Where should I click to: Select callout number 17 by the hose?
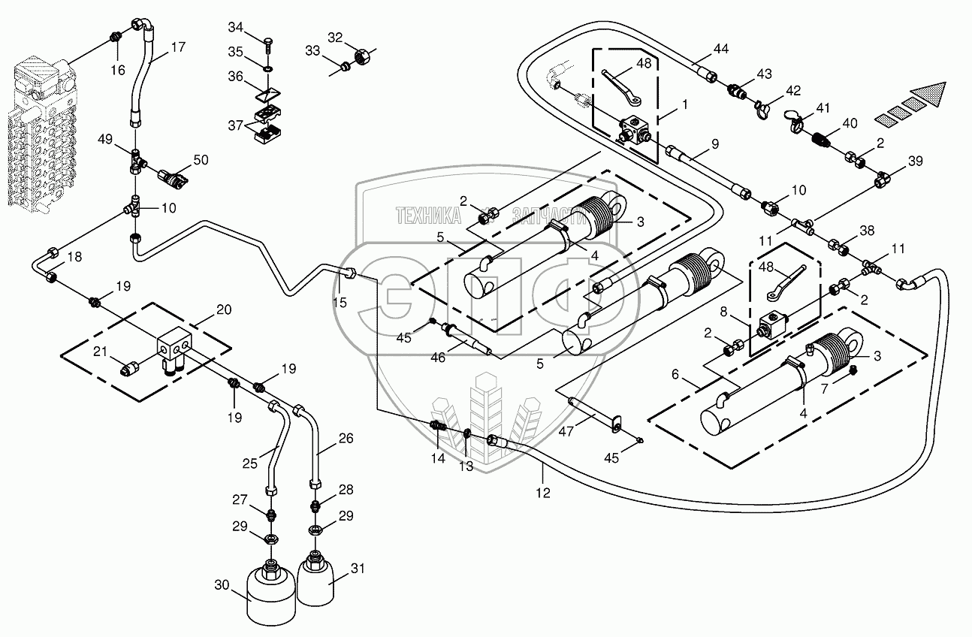(177, 47)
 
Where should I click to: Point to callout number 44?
(721, 49)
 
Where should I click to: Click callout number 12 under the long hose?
(542, 493)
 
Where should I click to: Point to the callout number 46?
(438, 358)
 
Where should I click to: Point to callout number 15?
(340, 302)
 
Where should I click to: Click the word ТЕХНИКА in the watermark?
(429, 217)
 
